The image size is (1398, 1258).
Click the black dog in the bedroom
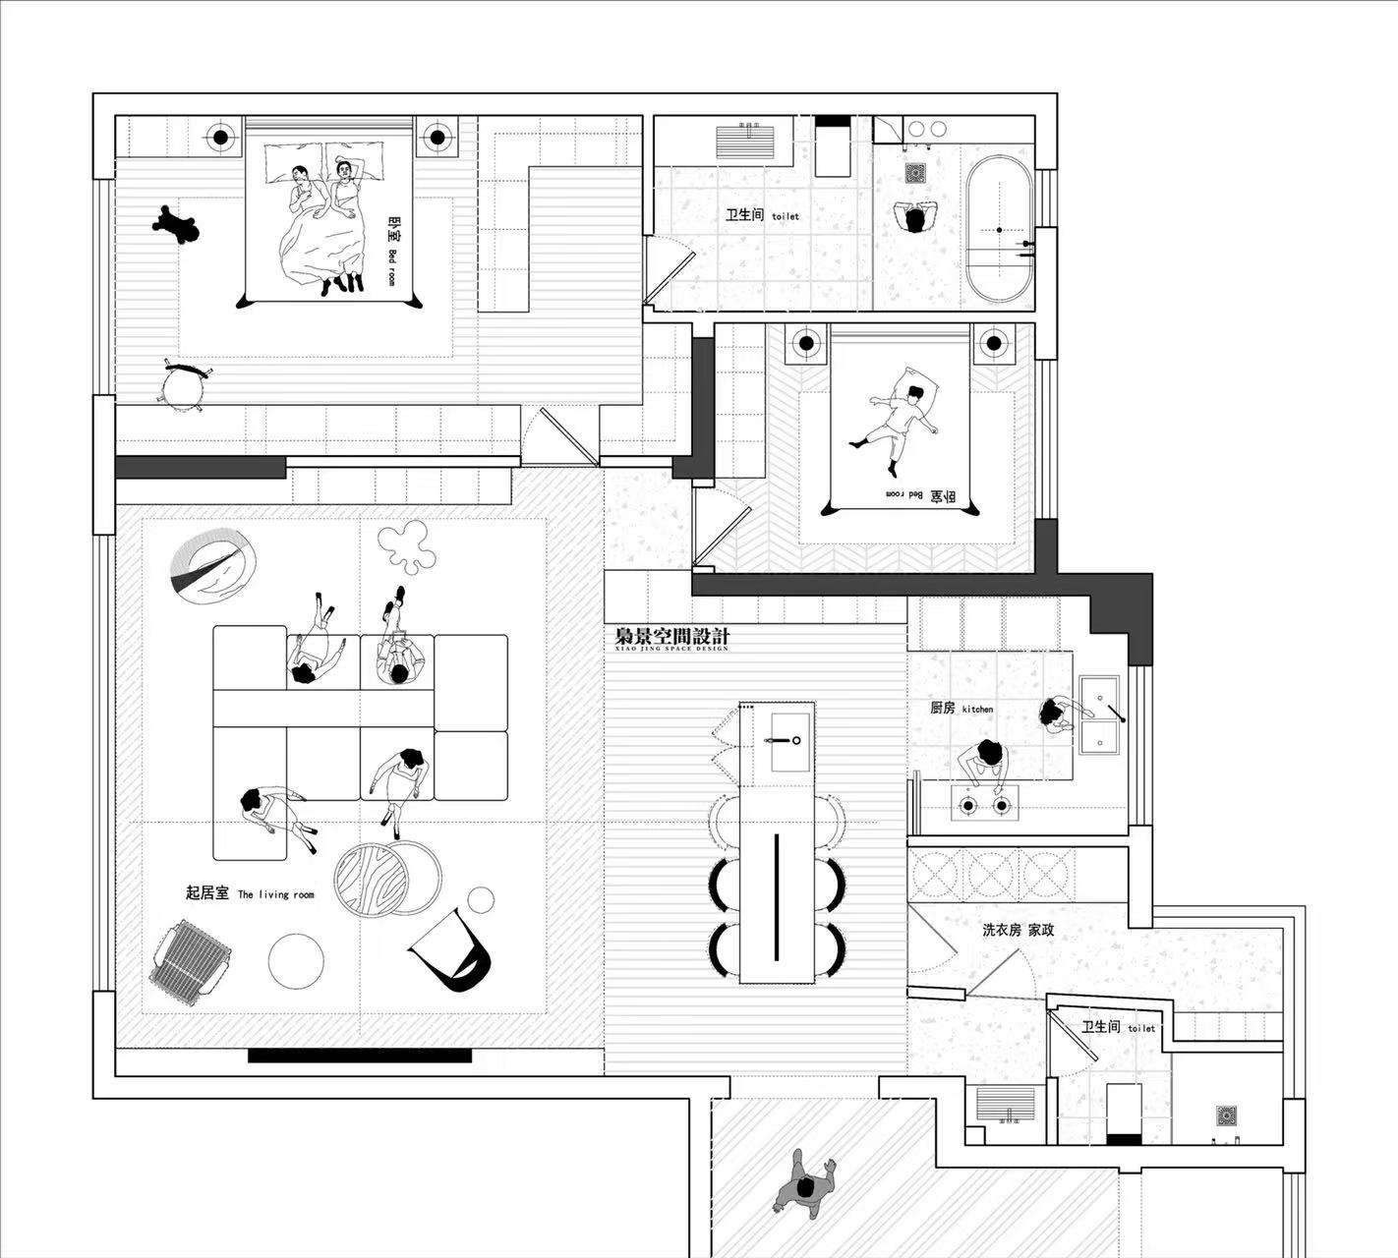(x=176, y=225)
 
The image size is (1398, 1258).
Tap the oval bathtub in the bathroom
(x=998, y=229)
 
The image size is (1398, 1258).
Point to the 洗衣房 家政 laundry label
(x=1018, y=929)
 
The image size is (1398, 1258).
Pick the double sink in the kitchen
(x=1099, y=714)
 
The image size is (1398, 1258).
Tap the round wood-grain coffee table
(x=372, y=878)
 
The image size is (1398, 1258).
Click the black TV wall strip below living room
(x=359, y=1056)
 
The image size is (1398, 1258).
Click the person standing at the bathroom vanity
(x=916, y=217)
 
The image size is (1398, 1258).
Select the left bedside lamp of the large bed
(x=221, y=137)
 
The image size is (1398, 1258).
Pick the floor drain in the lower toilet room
(x=1225, y=1116)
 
